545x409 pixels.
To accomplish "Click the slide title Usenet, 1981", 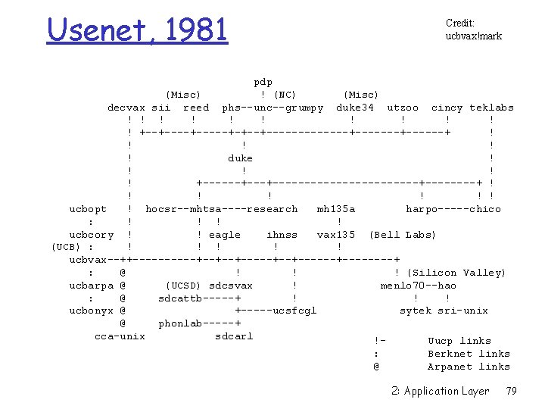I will (x=137, y=30).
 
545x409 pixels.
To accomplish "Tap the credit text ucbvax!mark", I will (x=474, y=36).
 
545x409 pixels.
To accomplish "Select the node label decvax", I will (x=126, y=108).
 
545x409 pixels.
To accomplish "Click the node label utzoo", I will (x=403, y=108).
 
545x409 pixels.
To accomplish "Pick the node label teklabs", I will (x=491, y=108).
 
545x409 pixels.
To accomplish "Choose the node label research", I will (x=272, y=209).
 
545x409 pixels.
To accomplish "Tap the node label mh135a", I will (x=336, y=209).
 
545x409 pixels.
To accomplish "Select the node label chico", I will (x=484, y=209).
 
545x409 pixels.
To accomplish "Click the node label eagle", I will (x=225, y=235).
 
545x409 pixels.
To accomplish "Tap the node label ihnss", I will (x=282, y=235).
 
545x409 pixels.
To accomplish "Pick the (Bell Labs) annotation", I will (x=403, y=235).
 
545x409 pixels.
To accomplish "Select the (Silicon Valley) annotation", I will (x=456, y=273).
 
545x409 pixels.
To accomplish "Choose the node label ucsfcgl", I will (x=294, y=311).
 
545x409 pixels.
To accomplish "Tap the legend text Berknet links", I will (x=469, y=354).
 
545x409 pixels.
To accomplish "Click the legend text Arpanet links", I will (x=469, y=367).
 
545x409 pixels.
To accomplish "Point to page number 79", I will (x=512, y=391).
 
